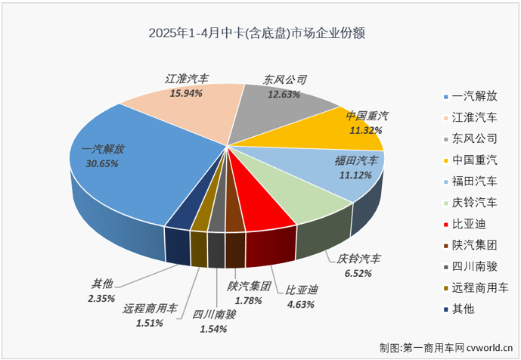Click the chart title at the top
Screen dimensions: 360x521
(261, 33)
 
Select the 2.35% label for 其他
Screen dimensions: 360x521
(101, 298)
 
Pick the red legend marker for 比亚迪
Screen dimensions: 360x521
(448, 224)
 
